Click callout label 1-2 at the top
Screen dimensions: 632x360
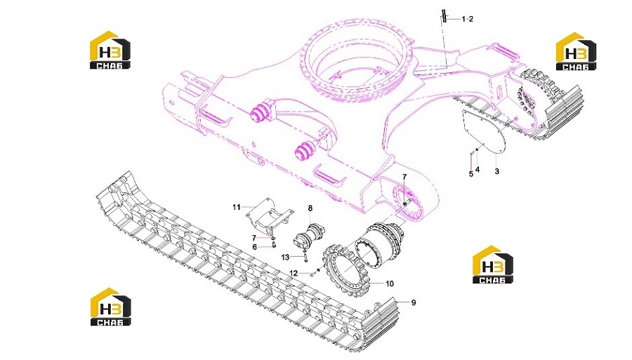468,19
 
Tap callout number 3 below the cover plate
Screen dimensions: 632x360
496,171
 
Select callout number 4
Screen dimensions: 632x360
478,170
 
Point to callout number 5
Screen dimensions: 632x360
470,174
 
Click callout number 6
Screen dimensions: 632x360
254,247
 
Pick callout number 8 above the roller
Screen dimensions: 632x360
310,208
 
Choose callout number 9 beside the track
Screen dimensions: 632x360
413,302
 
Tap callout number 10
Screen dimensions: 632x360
389,284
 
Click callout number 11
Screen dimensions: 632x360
237,207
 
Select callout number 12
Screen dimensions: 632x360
294,274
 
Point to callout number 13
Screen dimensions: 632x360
285,257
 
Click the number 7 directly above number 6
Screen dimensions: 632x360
254,238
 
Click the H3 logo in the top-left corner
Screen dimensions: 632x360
110,50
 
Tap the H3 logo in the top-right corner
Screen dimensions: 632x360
576,51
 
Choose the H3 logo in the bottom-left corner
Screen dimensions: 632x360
110,307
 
